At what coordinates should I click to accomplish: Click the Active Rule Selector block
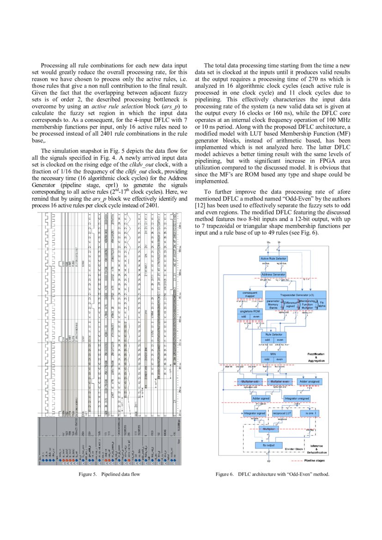click(274, 259)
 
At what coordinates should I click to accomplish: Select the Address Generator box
click(274, 274)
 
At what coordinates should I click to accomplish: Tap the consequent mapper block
click(249, 294)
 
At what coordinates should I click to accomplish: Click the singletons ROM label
click(249, 311)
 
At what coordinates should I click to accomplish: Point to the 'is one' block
click(309, 413)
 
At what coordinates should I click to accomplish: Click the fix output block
click(268, 445)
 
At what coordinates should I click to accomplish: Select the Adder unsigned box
click(309, 382)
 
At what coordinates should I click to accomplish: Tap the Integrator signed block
click(254, 413)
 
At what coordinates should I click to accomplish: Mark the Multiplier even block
click(279, 382)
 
